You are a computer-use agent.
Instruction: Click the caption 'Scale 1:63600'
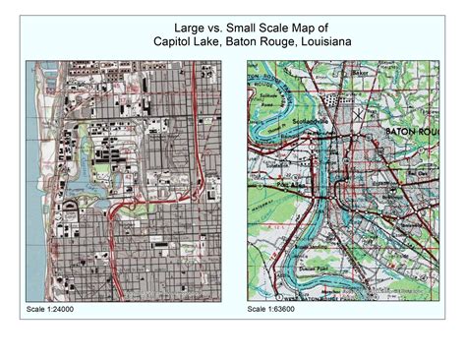tap(272, 310)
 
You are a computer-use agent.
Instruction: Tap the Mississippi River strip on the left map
tap(35, 197)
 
